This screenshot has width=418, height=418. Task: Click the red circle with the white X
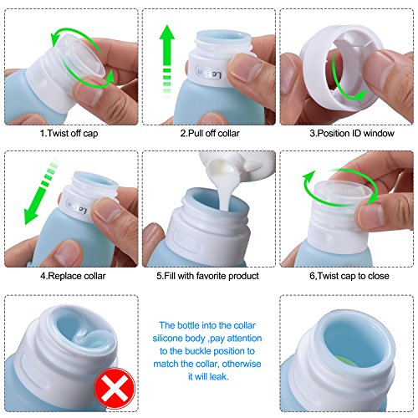115,388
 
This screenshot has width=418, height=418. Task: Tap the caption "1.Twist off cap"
69,133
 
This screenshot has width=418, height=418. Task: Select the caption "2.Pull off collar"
210,133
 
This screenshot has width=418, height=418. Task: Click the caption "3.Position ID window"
352,133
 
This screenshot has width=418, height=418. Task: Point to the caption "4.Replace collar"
73,276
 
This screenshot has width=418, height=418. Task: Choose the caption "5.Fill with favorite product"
207,276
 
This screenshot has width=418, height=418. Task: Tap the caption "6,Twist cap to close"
349,276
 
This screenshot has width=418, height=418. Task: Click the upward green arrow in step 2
167,60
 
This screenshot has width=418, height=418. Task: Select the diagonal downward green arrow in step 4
41,192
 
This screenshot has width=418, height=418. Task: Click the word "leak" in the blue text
218,377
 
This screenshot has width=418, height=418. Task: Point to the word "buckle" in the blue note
197,351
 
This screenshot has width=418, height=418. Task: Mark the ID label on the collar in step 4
77,207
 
